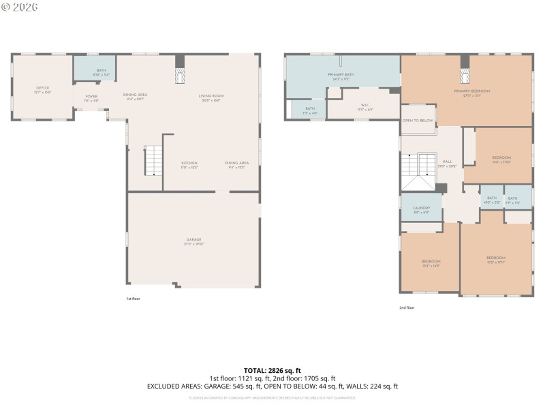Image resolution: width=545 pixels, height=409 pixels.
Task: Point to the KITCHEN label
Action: [x=189, y=164]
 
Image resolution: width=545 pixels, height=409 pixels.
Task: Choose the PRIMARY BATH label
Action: [x=341, y=76]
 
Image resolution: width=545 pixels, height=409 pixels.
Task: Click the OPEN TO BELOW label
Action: [x=418, y=120]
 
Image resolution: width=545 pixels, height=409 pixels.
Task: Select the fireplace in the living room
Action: [x=180, y=75]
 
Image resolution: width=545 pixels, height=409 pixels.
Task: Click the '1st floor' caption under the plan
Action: [x=133, y=299]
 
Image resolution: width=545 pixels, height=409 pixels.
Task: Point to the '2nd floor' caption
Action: [x=406, y=307]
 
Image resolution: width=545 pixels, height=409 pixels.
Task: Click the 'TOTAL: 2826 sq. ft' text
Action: [x=272, y=370]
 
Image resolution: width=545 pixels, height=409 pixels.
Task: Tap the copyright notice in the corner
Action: [x=20, y=7]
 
